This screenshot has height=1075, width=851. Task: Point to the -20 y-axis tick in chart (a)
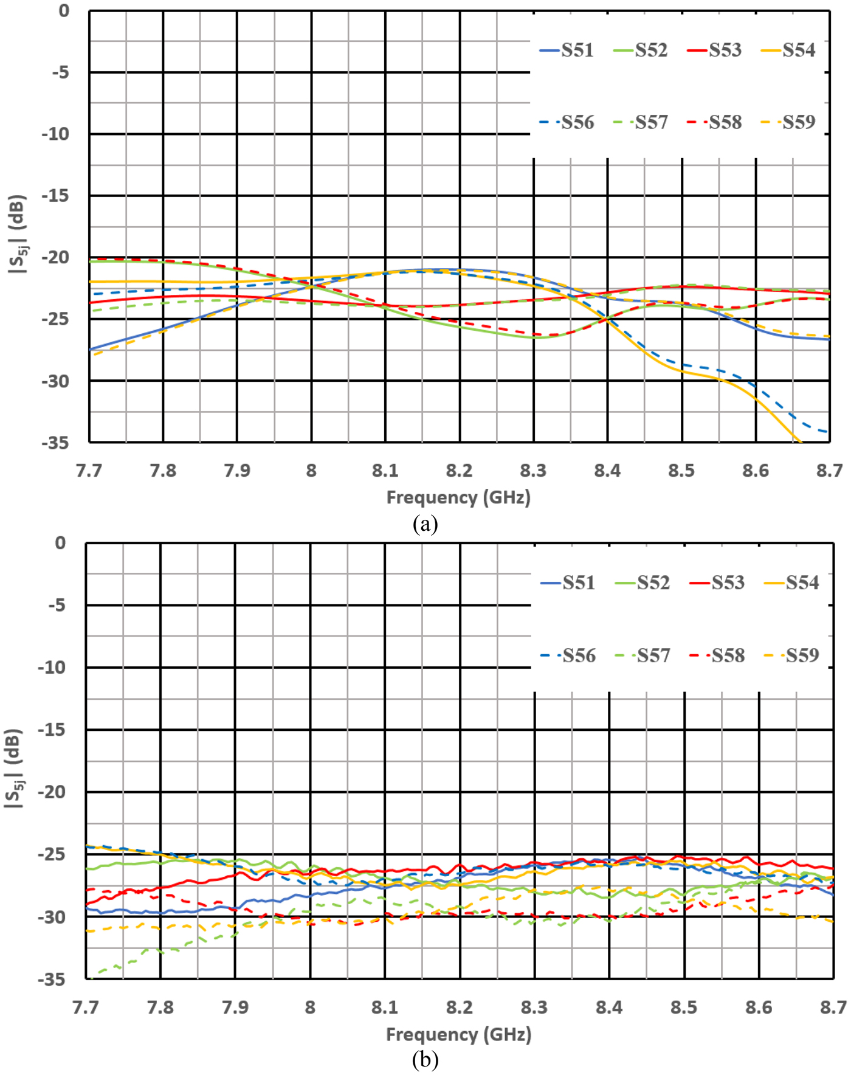pyautogui.click(x=55, y=257)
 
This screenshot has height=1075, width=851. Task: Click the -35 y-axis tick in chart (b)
pyautogui.click(x=52, y=979)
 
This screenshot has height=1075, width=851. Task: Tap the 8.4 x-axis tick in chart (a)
pyautogui.click(x=607, y=471)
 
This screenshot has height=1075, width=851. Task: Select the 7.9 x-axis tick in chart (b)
pyautogui.click(x=235, y=1008)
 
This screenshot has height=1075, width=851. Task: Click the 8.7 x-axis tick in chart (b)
pyautogui.click(x=833, y=1008)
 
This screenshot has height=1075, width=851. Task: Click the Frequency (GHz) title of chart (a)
pyautogui.click(x=458, y=497)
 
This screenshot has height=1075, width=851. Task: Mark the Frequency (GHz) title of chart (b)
pyautogui.click(x=458, y=1034)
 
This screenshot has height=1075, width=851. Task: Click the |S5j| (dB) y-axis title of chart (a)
pyautogui.click(x=17, y=234)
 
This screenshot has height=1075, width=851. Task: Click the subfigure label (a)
pyautogui.click(x=425, y=524)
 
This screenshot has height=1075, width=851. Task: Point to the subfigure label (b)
pyautogui.click(x=425, y=1060)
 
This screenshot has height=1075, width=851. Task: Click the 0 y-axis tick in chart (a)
pyautogui.click(x=64, y=11)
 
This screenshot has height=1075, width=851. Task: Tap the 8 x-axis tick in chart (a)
pyautogui.click(x=311, y=471)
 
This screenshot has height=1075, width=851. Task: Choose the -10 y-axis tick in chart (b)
pyautogui.click(x=52, y=668)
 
